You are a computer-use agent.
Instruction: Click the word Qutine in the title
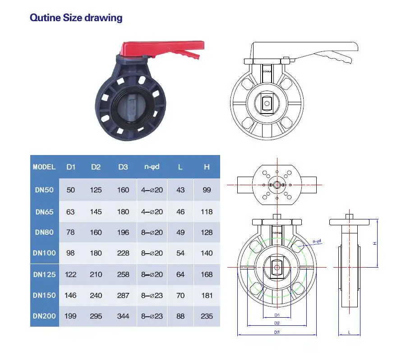coord(45,18)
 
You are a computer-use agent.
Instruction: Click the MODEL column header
coord(44,167)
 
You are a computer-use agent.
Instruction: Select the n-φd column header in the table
coord(152,167)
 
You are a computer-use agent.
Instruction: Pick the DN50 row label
coord(44,190)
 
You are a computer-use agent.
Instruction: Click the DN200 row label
coord(44,316)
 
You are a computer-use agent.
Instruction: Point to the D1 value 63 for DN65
coord(70,212)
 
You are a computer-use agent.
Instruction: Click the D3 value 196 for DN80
coord(123,232)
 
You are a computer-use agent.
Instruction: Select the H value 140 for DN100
coord(207,253)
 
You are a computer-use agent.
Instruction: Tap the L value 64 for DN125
coord(180,274)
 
